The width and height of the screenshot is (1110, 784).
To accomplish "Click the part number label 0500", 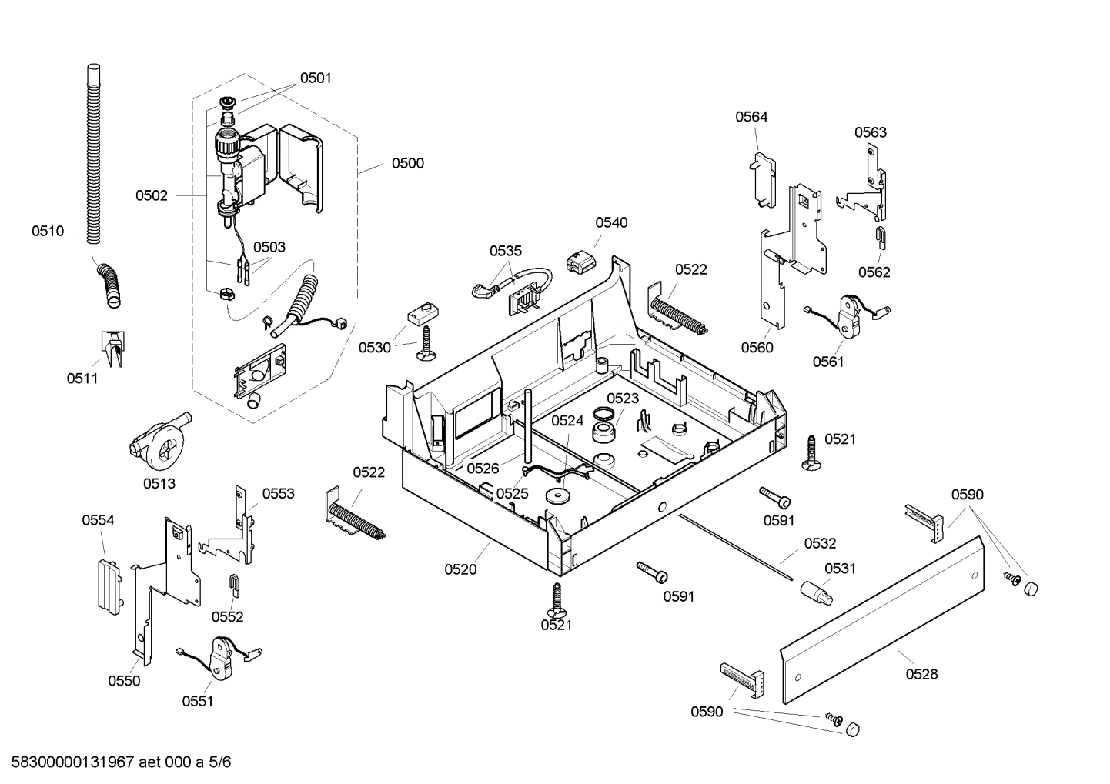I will point(407,163).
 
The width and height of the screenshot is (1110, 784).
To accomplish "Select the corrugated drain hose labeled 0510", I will point(93,154).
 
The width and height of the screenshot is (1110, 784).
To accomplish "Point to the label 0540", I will point(611,222).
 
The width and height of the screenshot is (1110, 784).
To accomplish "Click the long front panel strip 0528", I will point(881,620).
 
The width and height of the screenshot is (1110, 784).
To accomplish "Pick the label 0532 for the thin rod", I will point(820,544).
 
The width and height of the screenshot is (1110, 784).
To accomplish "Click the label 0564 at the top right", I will point(751,117).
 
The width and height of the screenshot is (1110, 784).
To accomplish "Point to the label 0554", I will point(99,520).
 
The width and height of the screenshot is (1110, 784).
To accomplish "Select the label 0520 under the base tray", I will point(460,569).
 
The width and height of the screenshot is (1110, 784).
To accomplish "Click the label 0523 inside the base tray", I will point(622,398).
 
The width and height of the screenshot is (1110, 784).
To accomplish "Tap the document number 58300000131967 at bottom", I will point(70,762).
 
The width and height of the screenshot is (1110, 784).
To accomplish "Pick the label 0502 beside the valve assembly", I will point(152,195).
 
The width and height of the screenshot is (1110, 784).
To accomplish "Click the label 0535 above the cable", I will point(506,251).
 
